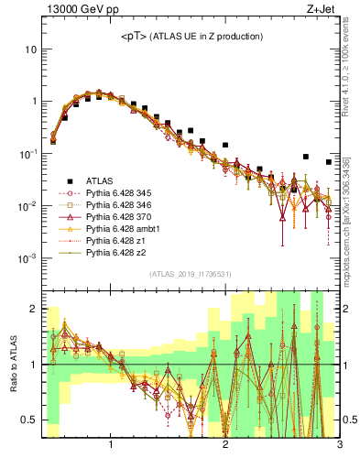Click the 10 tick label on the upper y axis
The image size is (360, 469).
[30, 48]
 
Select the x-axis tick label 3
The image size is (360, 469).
[339, 446]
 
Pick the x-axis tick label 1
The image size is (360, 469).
[111, 446]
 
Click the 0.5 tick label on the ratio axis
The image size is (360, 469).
[29, 420]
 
